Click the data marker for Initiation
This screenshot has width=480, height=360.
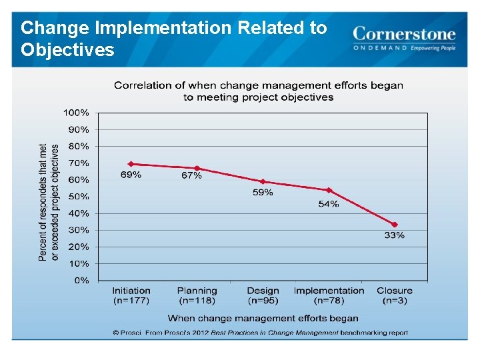[x=131, y=164]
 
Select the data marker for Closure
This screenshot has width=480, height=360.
[x=395, y=225]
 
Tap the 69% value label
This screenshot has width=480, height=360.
[x=131, y=175]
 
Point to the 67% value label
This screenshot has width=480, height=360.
[x=191, y=175]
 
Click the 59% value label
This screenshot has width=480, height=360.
[x=263, y=193]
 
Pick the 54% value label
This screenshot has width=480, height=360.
[x=328, y=204]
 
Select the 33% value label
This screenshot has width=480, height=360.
[x=394, y=235]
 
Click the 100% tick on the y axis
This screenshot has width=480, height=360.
[x=76, y=113]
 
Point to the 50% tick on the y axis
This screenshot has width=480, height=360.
[x=78, y=197]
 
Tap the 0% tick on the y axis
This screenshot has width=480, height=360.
[x=81, y=281]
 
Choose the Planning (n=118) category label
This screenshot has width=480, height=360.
[x=197, y=295]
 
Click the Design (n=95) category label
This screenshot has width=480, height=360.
[x=263, y=295]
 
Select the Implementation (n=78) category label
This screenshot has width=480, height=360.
[x=329, y=295]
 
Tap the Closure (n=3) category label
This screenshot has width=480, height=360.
[x=395, y=295]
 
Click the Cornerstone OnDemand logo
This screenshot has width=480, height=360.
[x=404, y=38]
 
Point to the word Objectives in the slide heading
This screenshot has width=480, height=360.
[x=67, y=50]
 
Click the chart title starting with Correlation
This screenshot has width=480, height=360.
[x=259, y=91]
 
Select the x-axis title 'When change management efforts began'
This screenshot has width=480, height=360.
[x=263, y=318]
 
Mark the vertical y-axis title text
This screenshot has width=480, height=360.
[x=49, y=202]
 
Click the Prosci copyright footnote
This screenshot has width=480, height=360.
[x=260, y=332]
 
